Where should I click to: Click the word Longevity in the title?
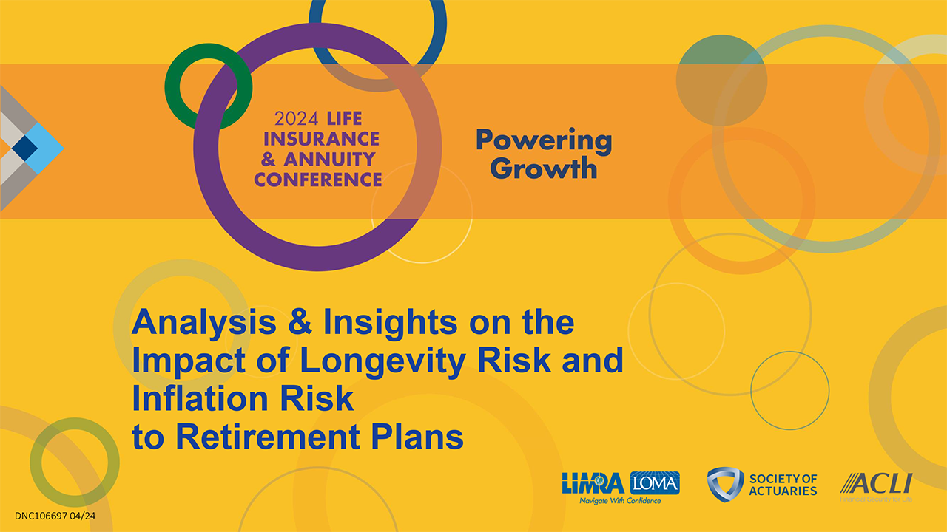point(382,361)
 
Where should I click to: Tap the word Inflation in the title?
point(200,398)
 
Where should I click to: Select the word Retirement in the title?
point(268,437)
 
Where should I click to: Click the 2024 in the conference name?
point(296,119)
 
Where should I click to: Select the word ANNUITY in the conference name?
point(329,159)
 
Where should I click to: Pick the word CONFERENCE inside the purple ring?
point(318,180)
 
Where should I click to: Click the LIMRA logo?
point(593,483)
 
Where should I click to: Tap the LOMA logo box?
point(655,482)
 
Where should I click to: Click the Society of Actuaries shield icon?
point(725,484)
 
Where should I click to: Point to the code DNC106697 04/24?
point(55,516)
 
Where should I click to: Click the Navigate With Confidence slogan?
point(620,501)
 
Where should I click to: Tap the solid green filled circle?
point(721,81)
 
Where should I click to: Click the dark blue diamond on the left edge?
point(24,149)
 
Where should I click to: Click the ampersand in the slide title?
point(300,323)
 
